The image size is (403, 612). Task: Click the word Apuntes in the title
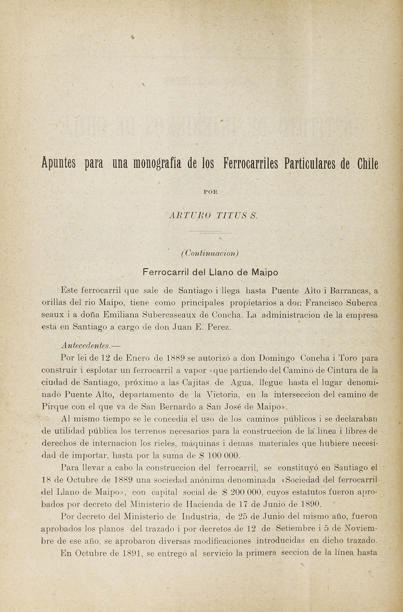click(x=58, y=164)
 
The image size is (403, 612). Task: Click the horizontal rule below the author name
click(x=210, y=233)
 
